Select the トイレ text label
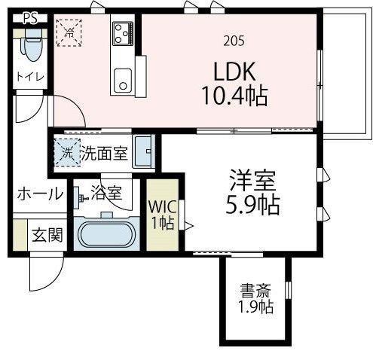[x=29, y=77]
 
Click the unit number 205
[x=234, y=41]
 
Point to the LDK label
[x=234, y=72]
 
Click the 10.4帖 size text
[x=234, y=96]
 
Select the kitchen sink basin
[x=122, y=78]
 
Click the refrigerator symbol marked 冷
[x=69, y=32]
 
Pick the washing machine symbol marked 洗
[x=66, y=154]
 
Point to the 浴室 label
[x=106, y=194]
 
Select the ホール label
[x=39, y=194]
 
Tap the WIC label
[x=161, y=206]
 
